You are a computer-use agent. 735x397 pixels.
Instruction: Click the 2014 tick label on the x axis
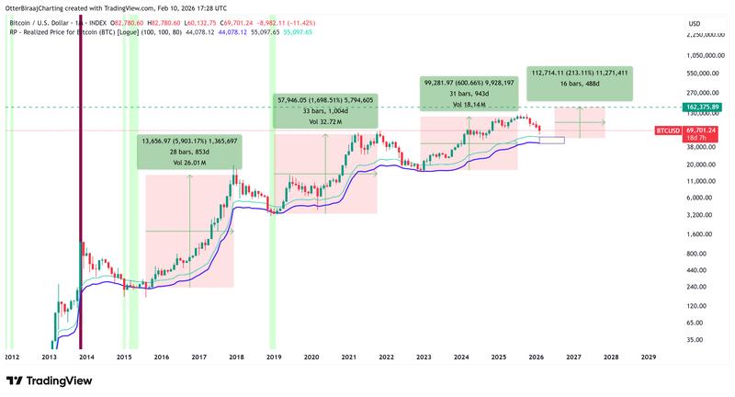click(86, 356)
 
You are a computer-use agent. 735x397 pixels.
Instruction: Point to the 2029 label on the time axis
click(648, 356)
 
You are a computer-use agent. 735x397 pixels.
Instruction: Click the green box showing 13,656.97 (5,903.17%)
click(188, 153)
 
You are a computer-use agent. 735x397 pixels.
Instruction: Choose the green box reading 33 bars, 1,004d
click(325, 110)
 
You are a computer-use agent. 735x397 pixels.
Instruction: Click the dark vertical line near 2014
click(80, 184)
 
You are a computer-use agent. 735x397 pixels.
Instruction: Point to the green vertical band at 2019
click(272, 184)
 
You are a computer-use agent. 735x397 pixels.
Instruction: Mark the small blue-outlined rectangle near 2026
click(552, 140)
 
